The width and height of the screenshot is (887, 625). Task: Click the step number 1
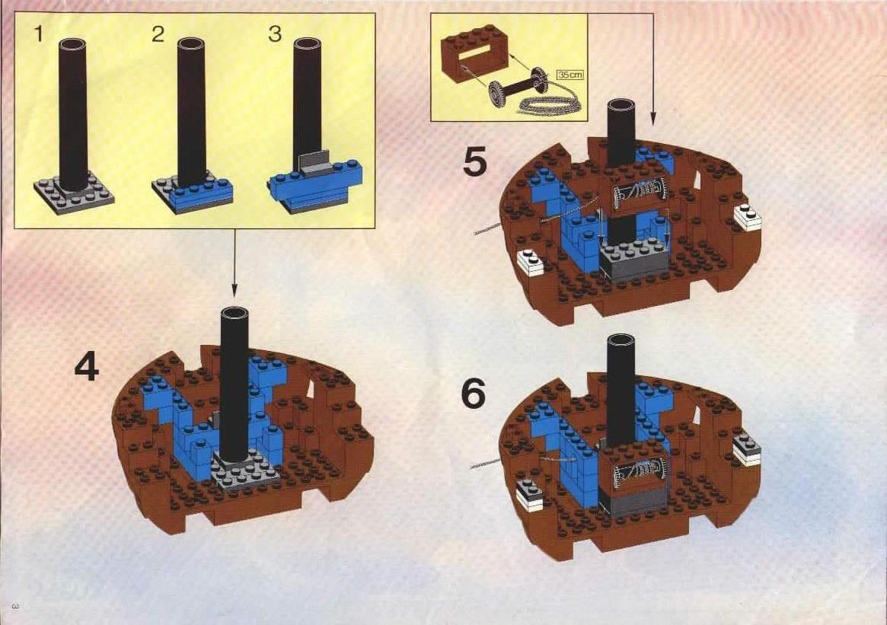pos(39,33)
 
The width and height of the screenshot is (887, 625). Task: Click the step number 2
pos(158,34)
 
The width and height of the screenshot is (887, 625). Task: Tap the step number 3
pos(274,33)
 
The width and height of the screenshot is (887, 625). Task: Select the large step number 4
pos(87,365)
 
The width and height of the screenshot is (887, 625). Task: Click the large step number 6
pos(473,394)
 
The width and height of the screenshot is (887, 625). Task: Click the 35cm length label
pos(570,75)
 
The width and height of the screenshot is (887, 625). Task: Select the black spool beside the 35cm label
pos(518,88)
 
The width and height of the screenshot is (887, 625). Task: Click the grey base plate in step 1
pos(74,195)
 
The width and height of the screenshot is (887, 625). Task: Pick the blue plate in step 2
pos(201,193)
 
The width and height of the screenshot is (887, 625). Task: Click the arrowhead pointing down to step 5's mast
pos(652,120)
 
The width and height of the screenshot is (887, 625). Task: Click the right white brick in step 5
pos(748,217)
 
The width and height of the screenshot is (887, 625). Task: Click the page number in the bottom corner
pos(15,607)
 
